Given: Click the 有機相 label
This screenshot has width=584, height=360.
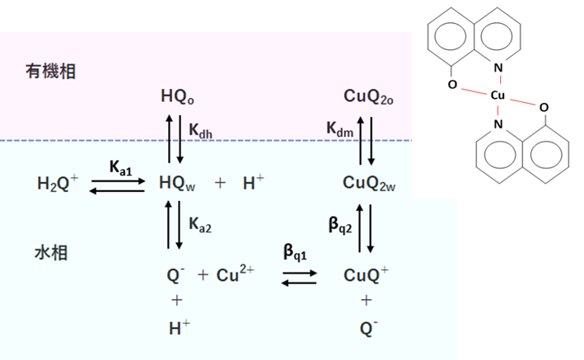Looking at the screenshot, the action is click(x=50, y=71).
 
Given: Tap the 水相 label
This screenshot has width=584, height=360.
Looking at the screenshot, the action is click(x=51, y=253).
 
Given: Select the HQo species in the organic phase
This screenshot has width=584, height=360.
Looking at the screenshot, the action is click(x=177, y=96).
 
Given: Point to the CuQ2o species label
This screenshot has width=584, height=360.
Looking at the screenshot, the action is click(x=368, y=96).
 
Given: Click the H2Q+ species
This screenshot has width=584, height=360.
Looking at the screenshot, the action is click(x=58, y=183).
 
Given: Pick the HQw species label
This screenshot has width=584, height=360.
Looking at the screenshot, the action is click(x=177, y=183).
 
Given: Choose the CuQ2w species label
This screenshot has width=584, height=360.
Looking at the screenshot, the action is click(x=369, y=183).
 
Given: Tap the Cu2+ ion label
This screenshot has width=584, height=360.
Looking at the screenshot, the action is click(x=235, y=274).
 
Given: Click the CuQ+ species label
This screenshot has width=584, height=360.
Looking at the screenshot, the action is click(x=366, y=275).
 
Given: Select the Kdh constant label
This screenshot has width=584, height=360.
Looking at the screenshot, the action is click(x=200, y=130).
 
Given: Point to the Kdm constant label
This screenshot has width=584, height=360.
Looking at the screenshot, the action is click(x=339, y=129).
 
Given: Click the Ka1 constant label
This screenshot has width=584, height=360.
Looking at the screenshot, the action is click(x=121, y=167).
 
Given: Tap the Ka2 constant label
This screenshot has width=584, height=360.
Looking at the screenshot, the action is click(x=200, y=225).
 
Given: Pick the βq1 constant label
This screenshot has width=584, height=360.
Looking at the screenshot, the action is click(x=295, y=251).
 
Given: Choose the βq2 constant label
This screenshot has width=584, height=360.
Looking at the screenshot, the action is click(x=340, y=225).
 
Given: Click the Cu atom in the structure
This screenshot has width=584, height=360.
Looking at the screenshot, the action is click(x=498, y=96).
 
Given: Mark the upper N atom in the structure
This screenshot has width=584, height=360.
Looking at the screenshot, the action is click(x=498, y=68).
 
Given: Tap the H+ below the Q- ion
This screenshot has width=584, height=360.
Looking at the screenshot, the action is click(x=179, y=328).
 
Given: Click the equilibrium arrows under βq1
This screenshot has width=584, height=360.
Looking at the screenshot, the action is click(x=299, y=278).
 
